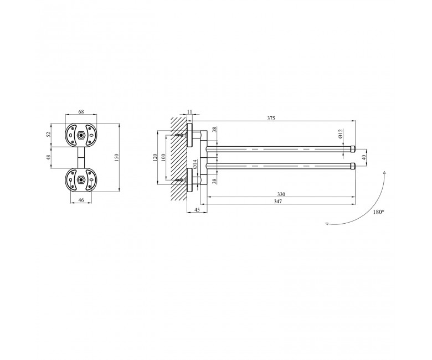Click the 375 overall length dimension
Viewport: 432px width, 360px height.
pyautogui.click(x=271, y=118)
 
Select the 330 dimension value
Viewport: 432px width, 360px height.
pyautogui.click(x=281, y=194)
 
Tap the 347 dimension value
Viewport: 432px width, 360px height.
pyautogui.click(x=278, y=202)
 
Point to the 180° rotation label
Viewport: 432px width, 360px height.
pyautogui.click(x=378, y=212)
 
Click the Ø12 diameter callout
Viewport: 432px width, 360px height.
pyautogui.click(x=340, y=134)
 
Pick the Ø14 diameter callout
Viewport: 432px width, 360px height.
pyautogui.click(x=194, y=164)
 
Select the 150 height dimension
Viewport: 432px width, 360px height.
pyautogui.click(x=116, y=157)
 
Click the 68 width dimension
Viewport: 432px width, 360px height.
pyautogui.click(x=81, y=111)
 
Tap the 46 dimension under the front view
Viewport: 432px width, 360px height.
pyautogui.click(x=81, y=200)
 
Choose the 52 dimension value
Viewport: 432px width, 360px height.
pyautogui.click(x=49, y=135)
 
